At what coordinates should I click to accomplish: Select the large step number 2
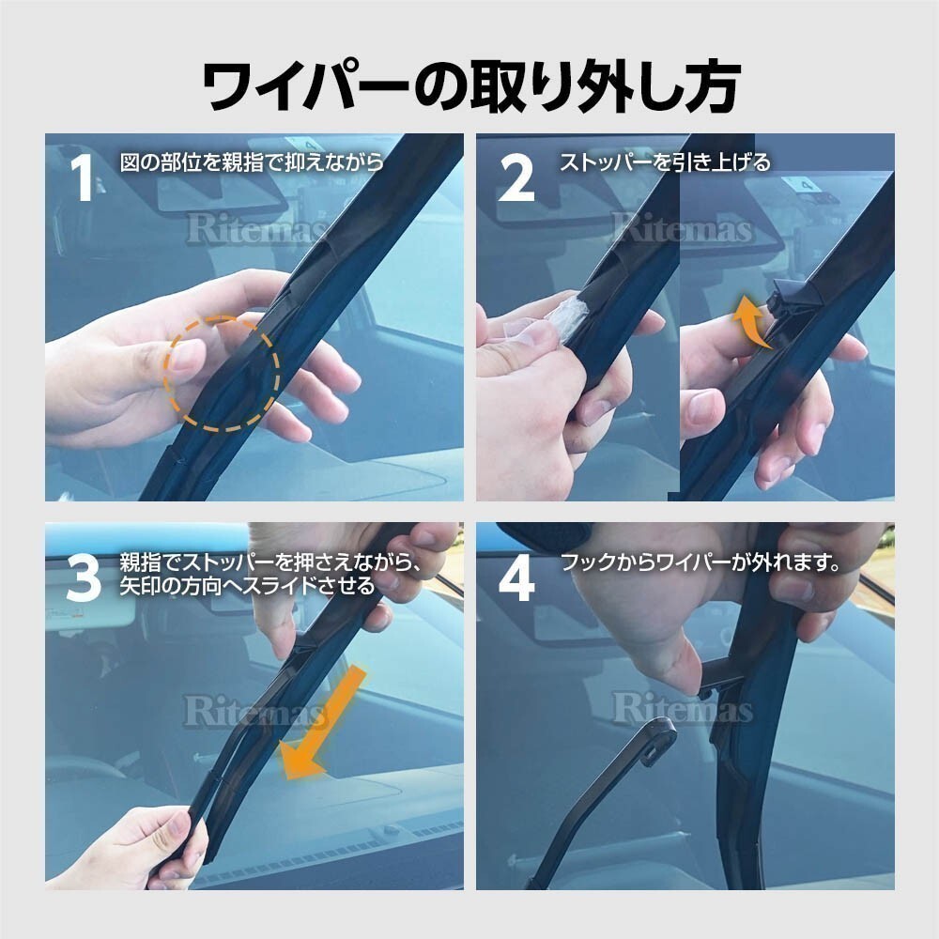(x=516, y=178)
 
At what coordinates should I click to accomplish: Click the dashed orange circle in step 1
(x=223, y=374)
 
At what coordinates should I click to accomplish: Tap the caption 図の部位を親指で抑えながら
(x=252, y=162)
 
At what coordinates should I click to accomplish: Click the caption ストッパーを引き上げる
(x=665, y=162)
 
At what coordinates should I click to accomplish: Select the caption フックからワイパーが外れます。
(x=699, y=563)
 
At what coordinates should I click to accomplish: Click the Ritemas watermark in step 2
(x=682, y=229)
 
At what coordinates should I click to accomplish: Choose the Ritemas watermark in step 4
(x=682, y=710)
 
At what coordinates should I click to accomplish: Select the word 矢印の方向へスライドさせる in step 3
(x=247, y=586)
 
